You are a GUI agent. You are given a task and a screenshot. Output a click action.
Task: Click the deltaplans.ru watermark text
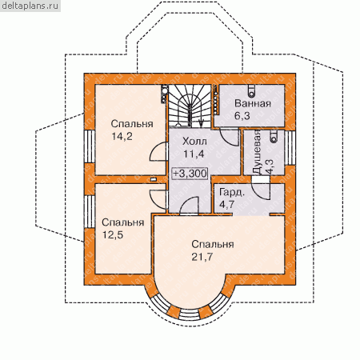(x=30, y=6)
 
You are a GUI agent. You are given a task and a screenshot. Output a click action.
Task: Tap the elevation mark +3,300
(x=190, y=174)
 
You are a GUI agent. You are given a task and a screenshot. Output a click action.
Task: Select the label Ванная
(x=253, y=103)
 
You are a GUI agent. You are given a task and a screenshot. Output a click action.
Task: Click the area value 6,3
(x=242, y=116)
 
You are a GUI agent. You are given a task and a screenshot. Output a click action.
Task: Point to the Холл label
(x=194, y=142)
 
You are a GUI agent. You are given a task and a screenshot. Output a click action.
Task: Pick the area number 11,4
(x=194, y=154)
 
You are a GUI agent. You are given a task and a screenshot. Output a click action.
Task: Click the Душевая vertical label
(x=257, y=152)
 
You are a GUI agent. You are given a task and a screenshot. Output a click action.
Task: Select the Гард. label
(x=232, y=192)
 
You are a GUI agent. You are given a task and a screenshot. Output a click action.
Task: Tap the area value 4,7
(x=226, y=205)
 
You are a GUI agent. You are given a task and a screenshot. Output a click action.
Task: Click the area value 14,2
(x=122, y=136)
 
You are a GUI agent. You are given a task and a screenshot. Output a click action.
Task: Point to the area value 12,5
(x=113, y=235)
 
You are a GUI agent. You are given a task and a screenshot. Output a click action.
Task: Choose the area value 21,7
(x=202, y=257)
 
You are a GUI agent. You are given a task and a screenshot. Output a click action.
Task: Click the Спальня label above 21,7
(x=213, y=244)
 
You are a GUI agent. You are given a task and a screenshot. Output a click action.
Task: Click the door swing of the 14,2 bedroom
(x=158, y=151)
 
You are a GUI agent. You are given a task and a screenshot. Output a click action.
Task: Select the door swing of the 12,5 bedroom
(x=158, y=199)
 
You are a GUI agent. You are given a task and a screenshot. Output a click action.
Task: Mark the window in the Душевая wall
(x=290, y=148)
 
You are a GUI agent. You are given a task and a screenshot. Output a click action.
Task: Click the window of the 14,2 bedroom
(x=90, y=146)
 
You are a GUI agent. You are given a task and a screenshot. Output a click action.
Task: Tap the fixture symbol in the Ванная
(x=251, y=90)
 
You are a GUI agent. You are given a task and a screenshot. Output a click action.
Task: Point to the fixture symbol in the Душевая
(x=273, y=136)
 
